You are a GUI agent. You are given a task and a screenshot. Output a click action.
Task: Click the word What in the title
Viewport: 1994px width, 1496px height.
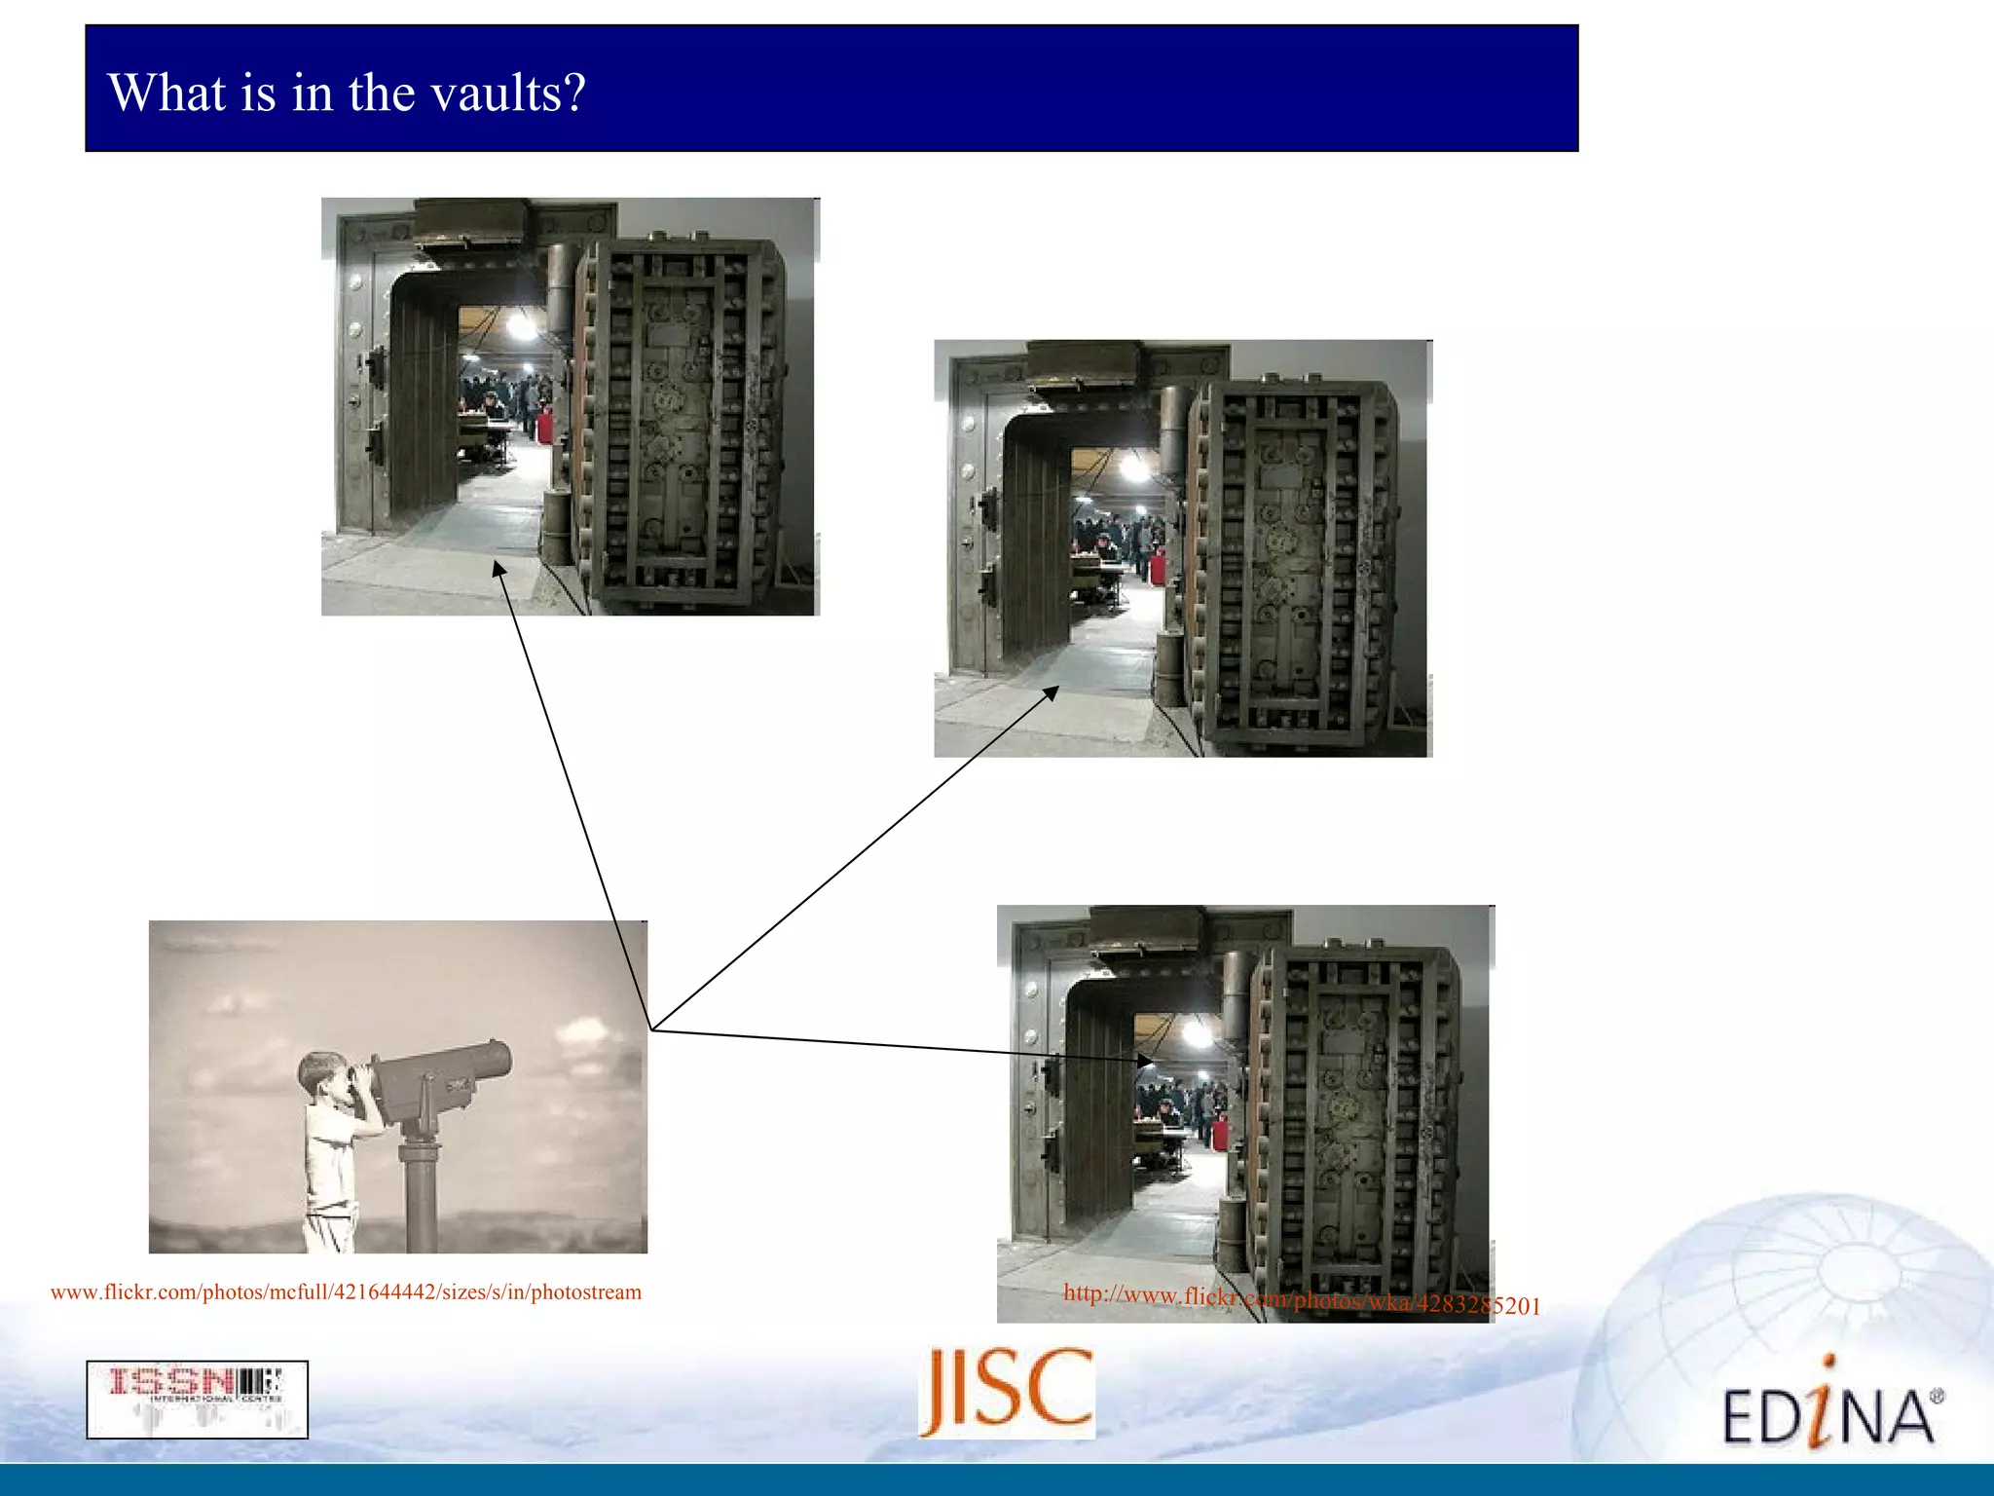pos(166,93)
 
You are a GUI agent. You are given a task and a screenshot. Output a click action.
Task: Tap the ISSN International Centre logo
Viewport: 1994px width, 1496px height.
pos(197,1399)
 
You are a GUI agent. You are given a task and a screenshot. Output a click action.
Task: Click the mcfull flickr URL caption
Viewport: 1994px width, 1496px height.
pos(346,1292)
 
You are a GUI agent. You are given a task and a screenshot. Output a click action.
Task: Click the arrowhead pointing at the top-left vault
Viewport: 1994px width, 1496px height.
pos(499,568)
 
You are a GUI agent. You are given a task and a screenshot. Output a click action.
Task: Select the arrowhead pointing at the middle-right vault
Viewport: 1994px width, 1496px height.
pos(1052,692)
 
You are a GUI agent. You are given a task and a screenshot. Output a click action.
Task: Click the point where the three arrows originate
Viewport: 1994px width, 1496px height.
pos(650,1029)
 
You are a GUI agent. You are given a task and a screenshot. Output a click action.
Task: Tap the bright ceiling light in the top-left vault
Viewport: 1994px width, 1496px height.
pos(523,326)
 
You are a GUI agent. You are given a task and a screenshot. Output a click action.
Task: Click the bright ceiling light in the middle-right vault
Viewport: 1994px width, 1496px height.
pos(1134,468)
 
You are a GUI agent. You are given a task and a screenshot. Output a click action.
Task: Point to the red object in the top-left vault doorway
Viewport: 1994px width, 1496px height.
pos(544,425)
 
